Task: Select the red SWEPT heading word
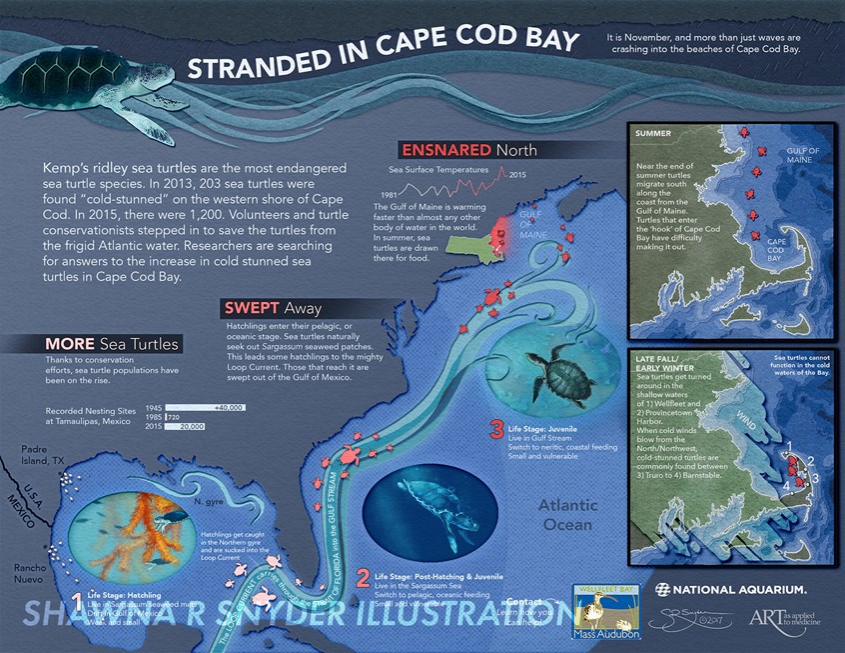[251, 308]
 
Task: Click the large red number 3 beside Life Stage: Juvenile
[496, 431]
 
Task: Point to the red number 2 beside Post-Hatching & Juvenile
[363, 578]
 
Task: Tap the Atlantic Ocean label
[568, 514]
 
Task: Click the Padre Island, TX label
[44, 455]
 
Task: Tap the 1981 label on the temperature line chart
[393, 192]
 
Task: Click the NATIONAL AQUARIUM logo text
[740, 588]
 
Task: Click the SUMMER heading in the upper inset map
[653, 133]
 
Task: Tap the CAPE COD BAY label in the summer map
[780, 249]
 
